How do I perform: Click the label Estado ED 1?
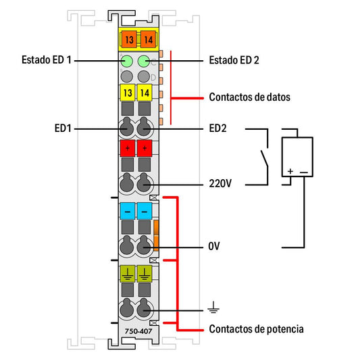[46, 60]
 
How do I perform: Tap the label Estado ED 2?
[234, 60]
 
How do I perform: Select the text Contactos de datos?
[250, 97]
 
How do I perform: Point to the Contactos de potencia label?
[256, 329]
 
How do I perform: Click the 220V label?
[220, 183]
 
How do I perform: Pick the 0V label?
[214, 246]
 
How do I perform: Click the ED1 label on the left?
[63, 128]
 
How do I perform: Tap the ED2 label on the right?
[217, 128]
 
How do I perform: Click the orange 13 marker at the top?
[129, 40]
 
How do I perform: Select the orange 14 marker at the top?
[148, 40]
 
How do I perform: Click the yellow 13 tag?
[128, 93]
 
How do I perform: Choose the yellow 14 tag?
[145, 93]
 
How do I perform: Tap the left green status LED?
[127, 62]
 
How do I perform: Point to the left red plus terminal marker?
[128, 148]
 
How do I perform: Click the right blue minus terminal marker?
[145, 211]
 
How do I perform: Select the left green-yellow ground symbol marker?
[128, 274]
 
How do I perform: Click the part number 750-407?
[138, 331]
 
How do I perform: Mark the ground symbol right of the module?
[213, 307]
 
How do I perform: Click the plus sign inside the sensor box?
[290, 171]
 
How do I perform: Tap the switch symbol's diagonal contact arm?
[264, 158]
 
